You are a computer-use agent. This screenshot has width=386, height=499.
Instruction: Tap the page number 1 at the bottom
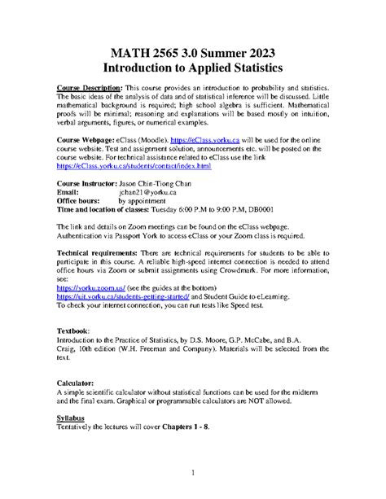point(193,472)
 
